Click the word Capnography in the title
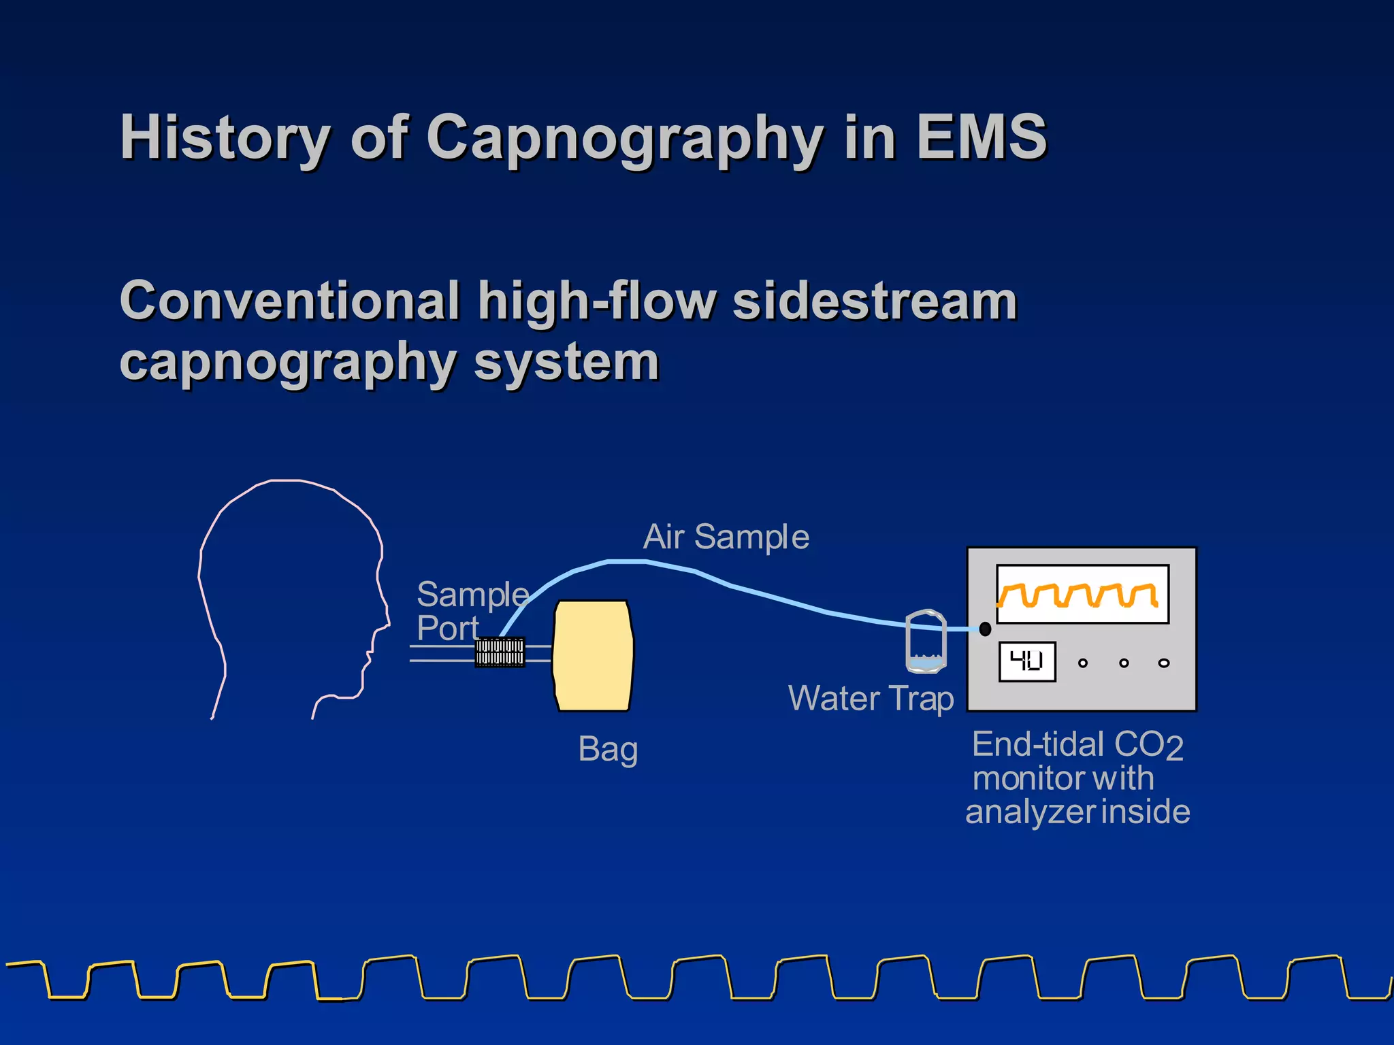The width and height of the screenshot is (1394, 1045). click(624, 138)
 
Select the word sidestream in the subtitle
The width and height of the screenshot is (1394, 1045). click(875, 301)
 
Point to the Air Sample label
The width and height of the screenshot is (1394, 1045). click(726, 537)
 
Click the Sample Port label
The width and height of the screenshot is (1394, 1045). click(470, 611)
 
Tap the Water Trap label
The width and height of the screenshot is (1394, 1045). click(871, 699)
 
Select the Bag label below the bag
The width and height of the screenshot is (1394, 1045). click(608, 750)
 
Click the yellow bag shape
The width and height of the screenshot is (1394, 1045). click(593, 656)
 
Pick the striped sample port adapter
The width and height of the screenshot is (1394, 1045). click(500, 652)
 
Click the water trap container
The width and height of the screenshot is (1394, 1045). click(926, 642)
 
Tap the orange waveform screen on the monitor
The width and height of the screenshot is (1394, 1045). click(1082, 594)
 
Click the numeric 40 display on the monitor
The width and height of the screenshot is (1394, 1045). click(1027, 661)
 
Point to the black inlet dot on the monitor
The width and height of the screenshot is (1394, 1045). click(985, 629)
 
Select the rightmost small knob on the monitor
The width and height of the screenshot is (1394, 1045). click(1164, 663)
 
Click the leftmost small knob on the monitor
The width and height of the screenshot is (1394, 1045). click(1083, 663)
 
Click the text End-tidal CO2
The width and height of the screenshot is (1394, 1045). click(1077, 745)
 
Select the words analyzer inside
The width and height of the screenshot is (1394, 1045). click(1077, 812)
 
